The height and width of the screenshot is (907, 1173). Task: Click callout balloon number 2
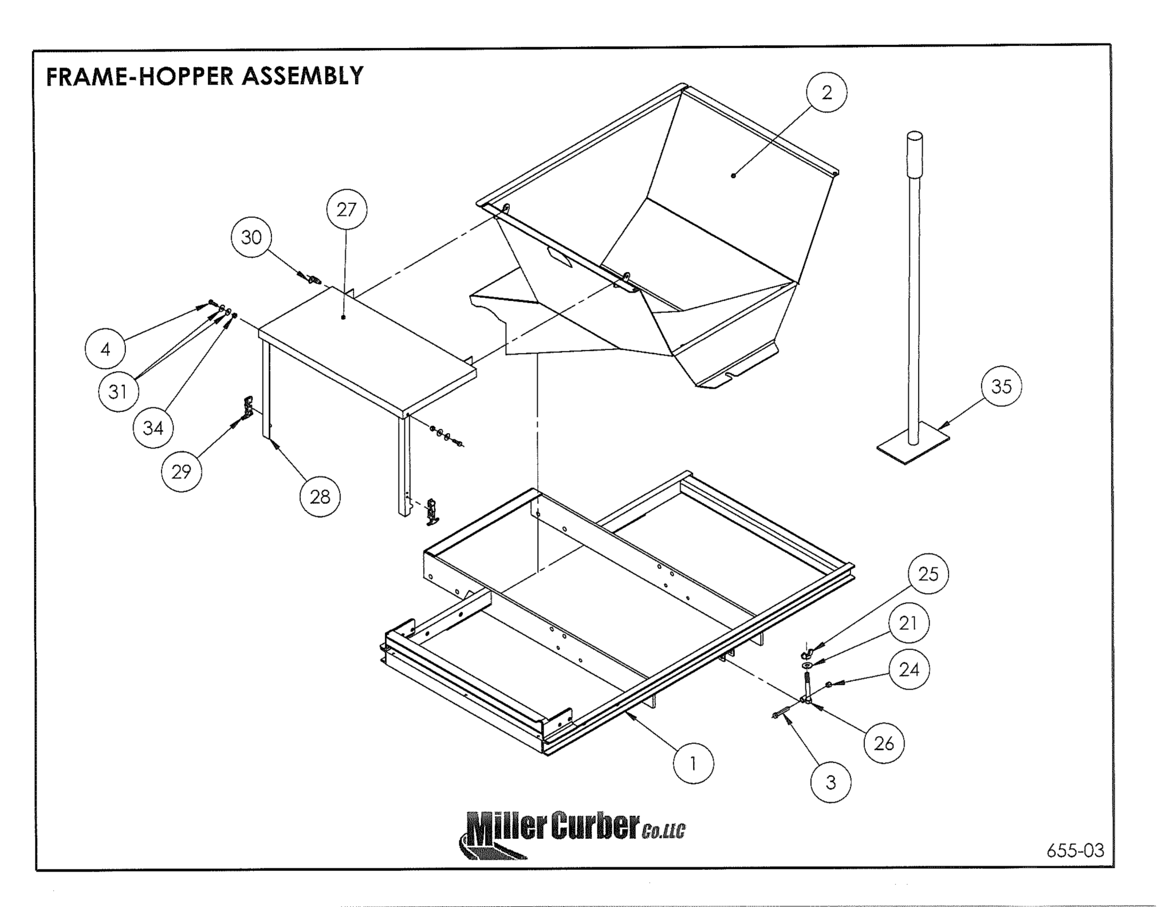pos(826,93)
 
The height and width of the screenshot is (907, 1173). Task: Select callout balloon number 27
pos(347,210)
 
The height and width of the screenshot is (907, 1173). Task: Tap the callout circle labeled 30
pos(251,237)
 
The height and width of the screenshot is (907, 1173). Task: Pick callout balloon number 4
pos(105,349)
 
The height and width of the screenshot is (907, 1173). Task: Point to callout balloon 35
pos(1001,387)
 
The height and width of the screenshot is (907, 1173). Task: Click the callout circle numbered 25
pos(928,574)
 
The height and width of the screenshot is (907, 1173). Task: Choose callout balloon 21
pos(908,623)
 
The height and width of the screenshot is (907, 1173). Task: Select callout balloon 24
pos(909,669)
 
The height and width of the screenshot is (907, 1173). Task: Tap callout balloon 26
pos(884,743)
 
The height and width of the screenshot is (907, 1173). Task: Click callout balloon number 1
pos(693,763)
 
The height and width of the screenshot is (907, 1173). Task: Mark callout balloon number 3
pos(830,782)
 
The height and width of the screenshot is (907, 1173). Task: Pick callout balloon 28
pos(320,497)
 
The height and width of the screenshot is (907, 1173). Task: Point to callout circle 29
pos(181,472)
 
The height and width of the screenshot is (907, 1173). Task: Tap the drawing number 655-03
pos(1075,850)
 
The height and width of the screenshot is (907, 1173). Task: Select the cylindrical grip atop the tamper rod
pos(914,155)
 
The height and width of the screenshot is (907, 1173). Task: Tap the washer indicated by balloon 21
pos(807,665)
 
